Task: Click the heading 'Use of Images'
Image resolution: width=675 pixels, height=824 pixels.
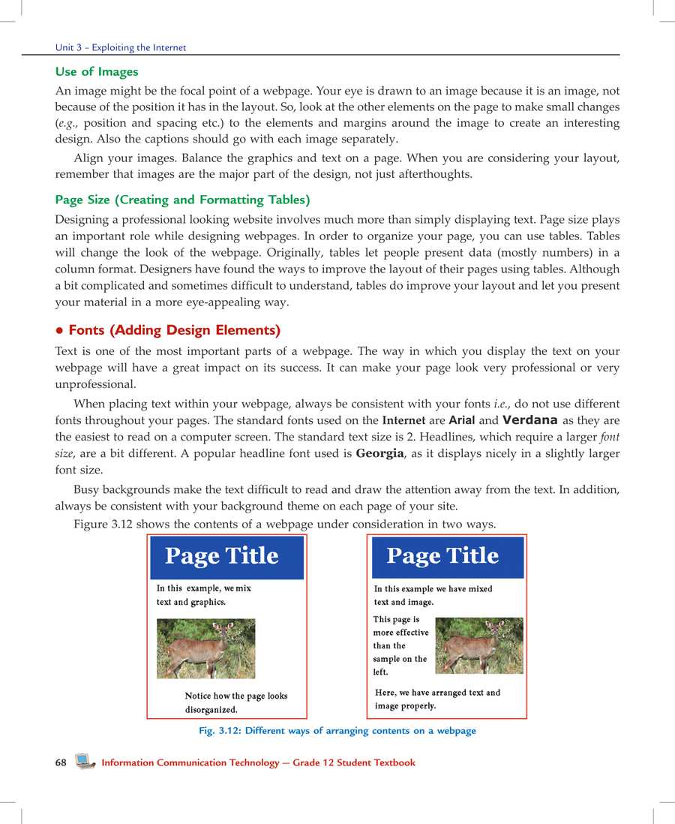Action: [x=97, y=72]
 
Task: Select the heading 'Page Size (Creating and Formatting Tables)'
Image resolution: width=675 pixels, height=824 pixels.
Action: [x=182, y=200]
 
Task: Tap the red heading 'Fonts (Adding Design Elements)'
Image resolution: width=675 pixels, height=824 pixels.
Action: [x=174, y=330]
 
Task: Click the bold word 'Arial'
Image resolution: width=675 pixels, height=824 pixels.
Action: [x=461, y=420]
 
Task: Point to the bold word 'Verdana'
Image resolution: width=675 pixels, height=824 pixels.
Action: [x=529, y=420]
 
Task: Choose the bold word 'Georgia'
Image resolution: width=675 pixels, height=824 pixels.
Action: [x=379, y=453]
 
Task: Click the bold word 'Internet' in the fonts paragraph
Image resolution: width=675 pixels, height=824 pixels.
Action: [x=403, y=420]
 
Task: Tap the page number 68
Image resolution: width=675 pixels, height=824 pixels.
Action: [x=61, y=762]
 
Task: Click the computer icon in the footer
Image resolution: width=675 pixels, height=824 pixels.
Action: [x=85, y=762]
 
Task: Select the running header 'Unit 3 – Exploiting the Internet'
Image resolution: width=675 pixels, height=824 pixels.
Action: [x=121, y=47]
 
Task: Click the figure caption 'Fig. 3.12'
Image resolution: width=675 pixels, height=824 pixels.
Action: [x=337, y=730]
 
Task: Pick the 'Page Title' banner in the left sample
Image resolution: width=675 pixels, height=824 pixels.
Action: [x=226, y=556]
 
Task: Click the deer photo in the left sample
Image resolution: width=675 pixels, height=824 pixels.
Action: [x=205, y=648]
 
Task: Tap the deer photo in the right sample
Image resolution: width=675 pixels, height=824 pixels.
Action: [x=478, y=645]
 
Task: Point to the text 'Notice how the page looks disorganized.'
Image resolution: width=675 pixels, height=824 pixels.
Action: [x=235, y=702]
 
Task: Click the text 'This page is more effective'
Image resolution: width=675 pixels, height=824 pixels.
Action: [x=400, y=626]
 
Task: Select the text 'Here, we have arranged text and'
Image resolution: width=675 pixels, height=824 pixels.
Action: [x=437, y=693]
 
